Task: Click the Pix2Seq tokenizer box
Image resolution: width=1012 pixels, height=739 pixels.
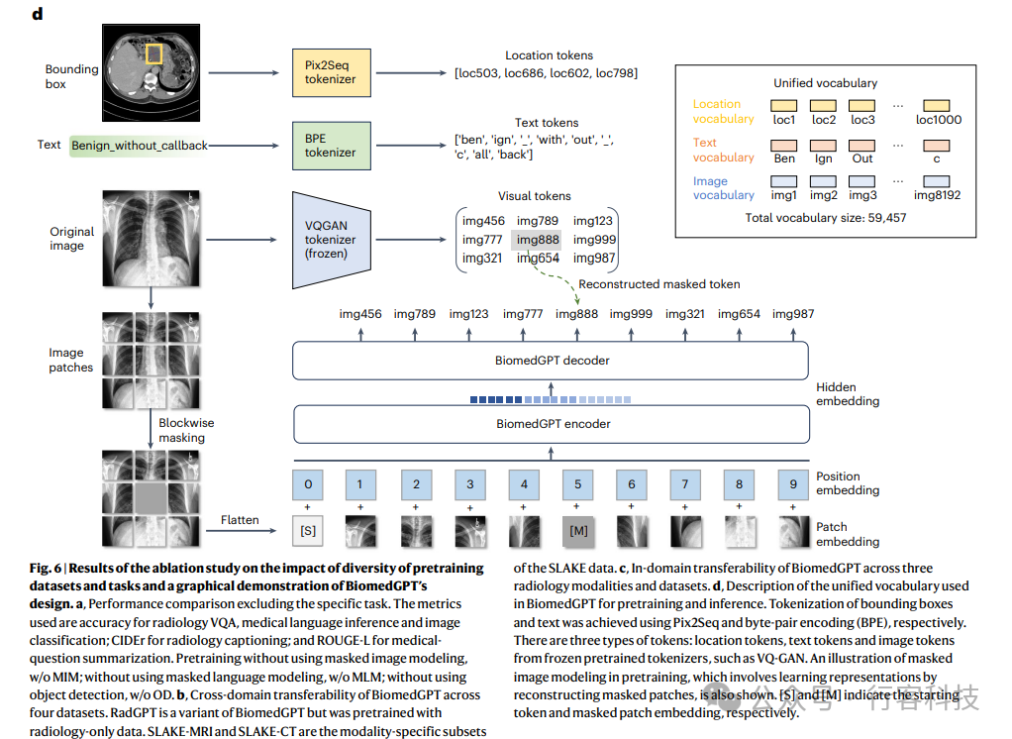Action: click(x=330, y=71)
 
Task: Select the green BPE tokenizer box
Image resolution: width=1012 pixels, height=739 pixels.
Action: click(x=330, y=145)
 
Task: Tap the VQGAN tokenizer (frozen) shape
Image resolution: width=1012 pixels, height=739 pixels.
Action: click(x=330, y=239)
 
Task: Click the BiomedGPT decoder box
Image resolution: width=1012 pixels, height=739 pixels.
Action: click(x=551, y=361)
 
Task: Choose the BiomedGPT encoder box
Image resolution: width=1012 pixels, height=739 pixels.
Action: click(x=551, y=424)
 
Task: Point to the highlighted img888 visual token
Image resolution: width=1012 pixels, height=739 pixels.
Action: click(x=538, y=240)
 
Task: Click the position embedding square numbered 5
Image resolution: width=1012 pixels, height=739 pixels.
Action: click(x=578, y=484)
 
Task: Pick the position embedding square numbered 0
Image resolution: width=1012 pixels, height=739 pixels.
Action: click(x=308, y=484)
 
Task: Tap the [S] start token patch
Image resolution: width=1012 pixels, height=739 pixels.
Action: click(x=308, y=531)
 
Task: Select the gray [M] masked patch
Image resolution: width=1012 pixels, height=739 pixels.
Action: click(x=578, y=531)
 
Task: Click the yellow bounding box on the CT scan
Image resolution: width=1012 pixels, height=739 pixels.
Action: click(x=154, y=53)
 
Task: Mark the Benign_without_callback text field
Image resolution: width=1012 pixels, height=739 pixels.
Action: click(x=140, y=145)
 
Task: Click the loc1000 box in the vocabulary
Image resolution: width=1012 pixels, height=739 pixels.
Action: click(x=939, y=105)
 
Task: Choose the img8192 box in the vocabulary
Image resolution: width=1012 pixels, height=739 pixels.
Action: click(x=939, y=181)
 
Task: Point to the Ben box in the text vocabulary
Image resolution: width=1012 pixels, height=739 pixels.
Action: click(x=785, y=144)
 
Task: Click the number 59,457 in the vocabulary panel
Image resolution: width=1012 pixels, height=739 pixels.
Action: click(x=883, y=217)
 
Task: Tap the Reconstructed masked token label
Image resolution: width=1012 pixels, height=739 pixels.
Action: click(x=659, y=284)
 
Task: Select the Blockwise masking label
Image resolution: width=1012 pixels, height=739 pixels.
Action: click(x=187, y=430)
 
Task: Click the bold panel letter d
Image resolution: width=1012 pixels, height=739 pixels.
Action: click(x=38, y=14)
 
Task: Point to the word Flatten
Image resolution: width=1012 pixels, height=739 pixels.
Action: click(x=241, y=520)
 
